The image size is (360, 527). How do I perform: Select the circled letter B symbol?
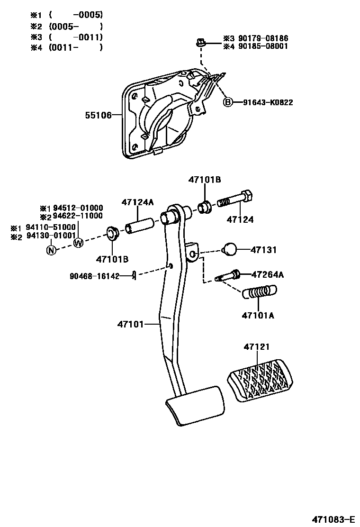228,102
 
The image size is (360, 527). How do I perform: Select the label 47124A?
138,202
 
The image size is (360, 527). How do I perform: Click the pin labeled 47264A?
228,275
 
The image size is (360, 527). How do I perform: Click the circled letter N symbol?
51,250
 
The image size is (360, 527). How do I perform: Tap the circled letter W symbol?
78,243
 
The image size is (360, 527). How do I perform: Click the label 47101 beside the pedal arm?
131,324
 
